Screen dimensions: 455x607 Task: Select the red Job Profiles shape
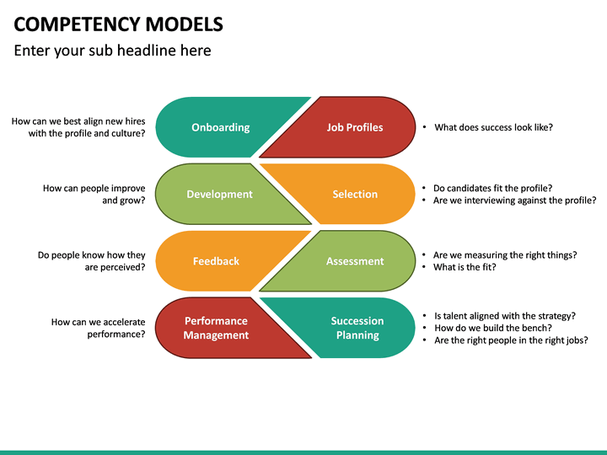point(354,127)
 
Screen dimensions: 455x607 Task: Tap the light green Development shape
point(219,194)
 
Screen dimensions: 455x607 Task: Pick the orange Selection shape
point(355,194)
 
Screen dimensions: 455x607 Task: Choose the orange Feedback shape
point(216,261)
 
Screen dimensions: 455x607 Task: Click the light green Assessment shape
point(354,261)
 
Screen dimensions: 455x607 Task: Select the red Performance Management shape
point(216,328)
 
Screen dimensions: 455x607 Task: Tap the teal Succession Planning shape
point(357,328)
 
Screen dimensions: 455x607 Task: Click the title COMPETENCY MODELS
point(119,24)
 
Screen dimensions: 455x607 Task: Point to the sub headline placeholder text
point(113,51)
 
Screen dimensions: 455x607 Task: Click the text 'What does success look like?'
point(493,127)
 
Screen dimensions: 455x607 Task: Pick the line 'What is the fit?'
point(465,267)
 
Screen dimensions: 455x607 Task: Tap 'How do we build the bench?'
point(492,328)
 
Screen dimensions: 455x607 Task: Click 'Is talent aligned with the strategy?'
point(504,315)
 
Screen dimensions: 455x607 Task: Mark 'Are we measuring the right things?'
point(505,254)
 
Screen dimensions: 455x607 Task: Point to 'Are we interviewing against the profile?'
point(514,201)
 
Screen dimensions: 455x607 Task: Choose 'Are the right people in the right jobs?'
point(510,340)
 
